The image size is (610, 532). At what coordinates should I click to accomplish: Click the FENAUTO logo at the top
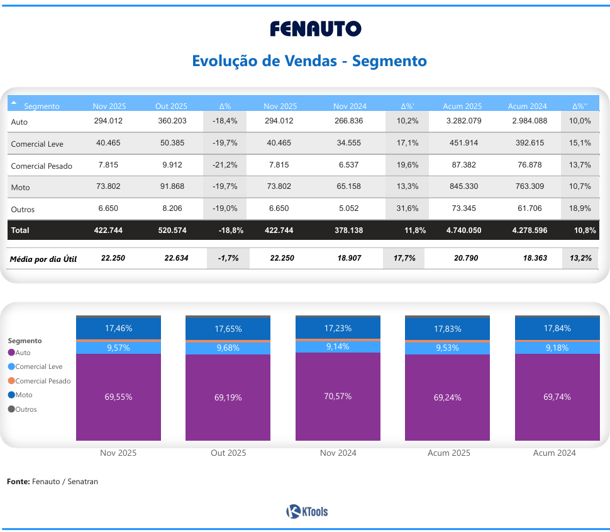pyautogui.click(x=316, y=29)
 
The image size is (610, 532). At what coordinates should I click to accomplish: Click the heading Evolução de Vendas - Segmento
pyautogui.click(x=309, y=61)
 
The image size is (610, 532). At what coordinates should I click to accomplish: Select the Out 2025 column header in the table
pyautogui.click(x=171, y=106)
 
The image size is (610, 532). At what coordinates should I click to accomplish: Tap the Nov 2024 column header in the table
pyautogui.click(x=350, y=106)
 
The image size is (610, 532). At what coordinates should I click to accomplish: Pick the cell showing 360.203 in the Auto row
pyautogui.click(x=172, y=121)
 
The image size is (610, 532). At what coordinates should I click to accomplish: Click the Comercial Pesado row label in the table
pyautogui.click(x=42, y=166)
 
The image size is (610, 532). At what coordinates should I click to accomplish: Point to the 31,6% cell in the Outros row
pyautogui.click(x=408, y=208)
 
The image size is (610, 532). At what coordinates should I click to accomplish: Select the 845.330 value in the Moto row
pyautogui.click(x=463, y=186)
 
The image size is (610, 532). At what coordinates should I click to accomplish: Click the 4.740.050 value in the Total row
pyautogui.click(x=463, y=230)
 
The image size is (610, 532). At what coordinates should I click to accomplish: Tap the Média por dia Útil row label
pyautogui.click(x=43, y=259)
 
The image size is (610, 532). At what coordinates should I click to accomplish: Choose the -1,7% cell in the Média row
pyautogui.click(x=228, y=258)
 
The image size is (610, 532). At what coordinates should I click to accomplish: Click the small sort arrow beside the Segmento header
pyautogui.click(x=14, y=102)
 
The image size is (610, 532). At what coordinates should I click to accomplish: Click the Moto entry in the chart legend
pyautogui.click(x=23, y=395)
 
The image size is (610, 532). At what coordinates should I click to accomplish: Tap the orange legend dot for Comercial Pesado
pyautogui.click(x=11, y=381)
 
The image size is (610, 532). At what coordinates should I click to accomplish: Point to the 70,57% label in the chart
pyautogui.click(x=338, y=396)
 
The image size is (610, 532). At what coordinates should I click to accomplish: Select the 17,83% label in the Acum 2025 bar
pyautogui.click(x=447, y=329)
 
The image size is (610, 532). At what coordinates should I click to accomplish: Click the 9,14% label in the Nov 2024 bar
pyautogui.click(x=338, y=346)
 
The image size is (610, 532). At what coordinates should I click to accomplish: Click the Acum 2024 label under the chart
pyautogui.click(x=554, y=453)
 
